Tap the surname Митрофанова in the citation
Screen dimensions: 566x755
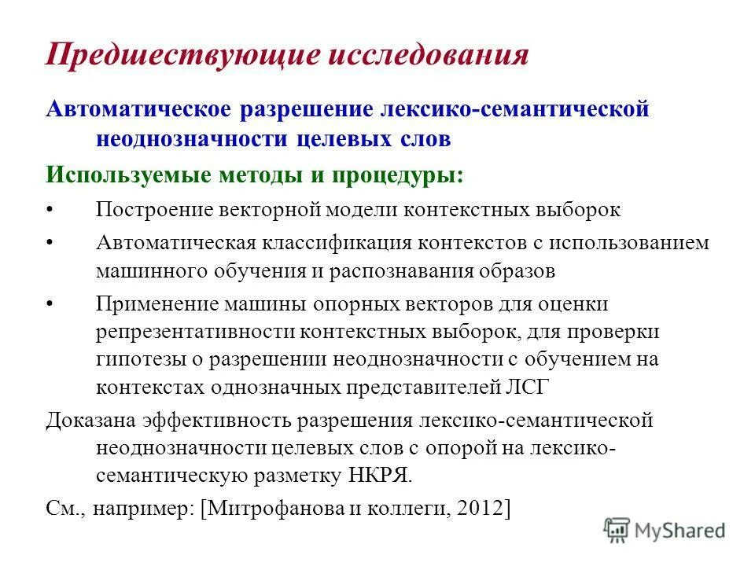click(x=267, y=508)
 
